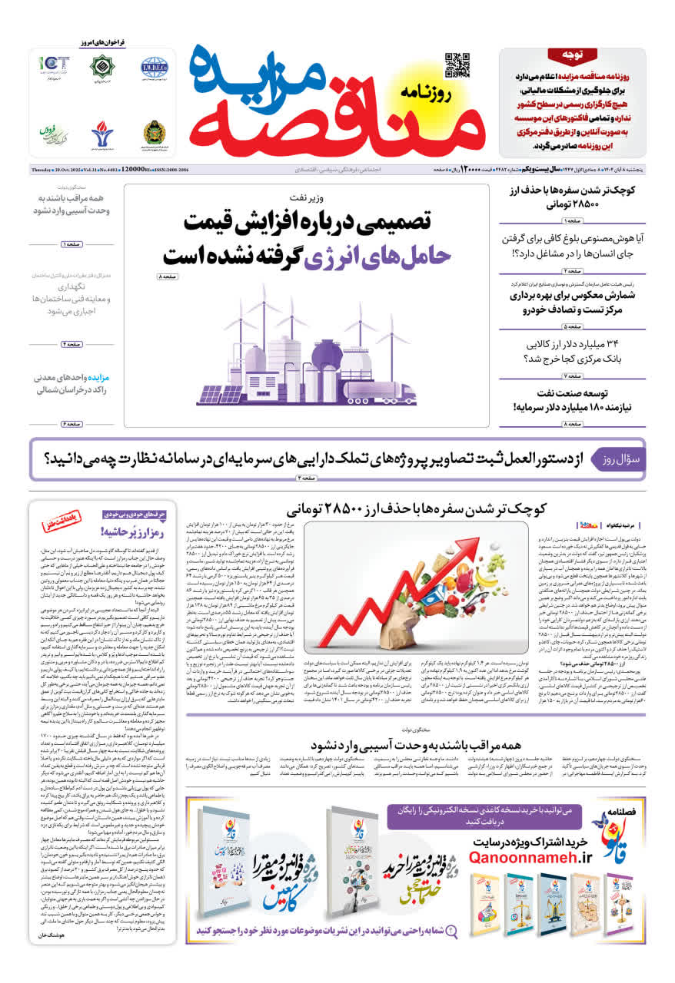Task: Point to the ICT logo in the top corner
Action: pyautogui.click(x=55, y=66)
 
